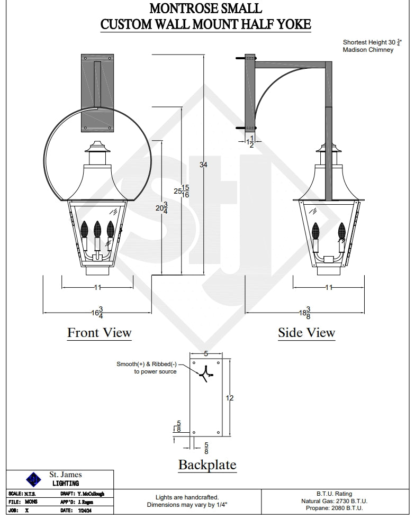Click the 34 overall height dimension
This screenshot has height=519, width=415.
pyautogui.click(x=203, y=165)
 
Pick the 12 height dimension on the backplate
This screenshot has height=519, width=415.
pyautogui.click(x=230, y=398)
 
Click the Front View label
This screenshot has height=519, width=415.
pyautogui.click(x=99, y=333)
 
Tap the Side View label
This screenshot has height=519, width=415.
pyautogui.click(x=306, y=333)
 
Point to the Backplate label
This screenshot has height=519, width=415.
pyautogui.click(x=207, y=465)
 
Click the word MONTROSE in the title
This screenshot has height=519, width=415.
pyautogui.click(x=178, y=9)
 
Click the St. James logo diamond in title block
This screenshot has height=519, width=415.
pyautogui.click(x=33, y=479)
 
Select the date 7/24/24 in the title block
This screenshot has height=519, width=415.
pyautogui.click(x=84, y=511)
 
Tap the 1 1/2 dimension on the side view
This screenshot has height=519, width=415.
pyautogui.click(x=251, y=141)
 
